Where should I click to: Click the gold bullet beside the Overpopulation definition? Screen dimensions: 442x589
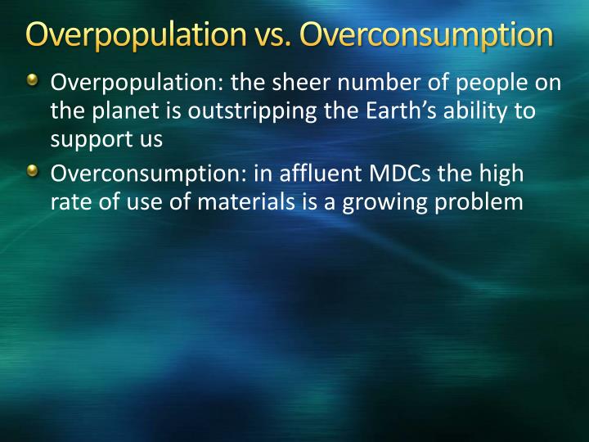point(32,81)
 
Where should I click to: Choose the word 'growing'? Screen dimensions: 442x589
point(397,202)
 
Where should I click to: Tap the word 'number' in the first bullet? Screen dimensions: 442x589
point(368,83)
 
